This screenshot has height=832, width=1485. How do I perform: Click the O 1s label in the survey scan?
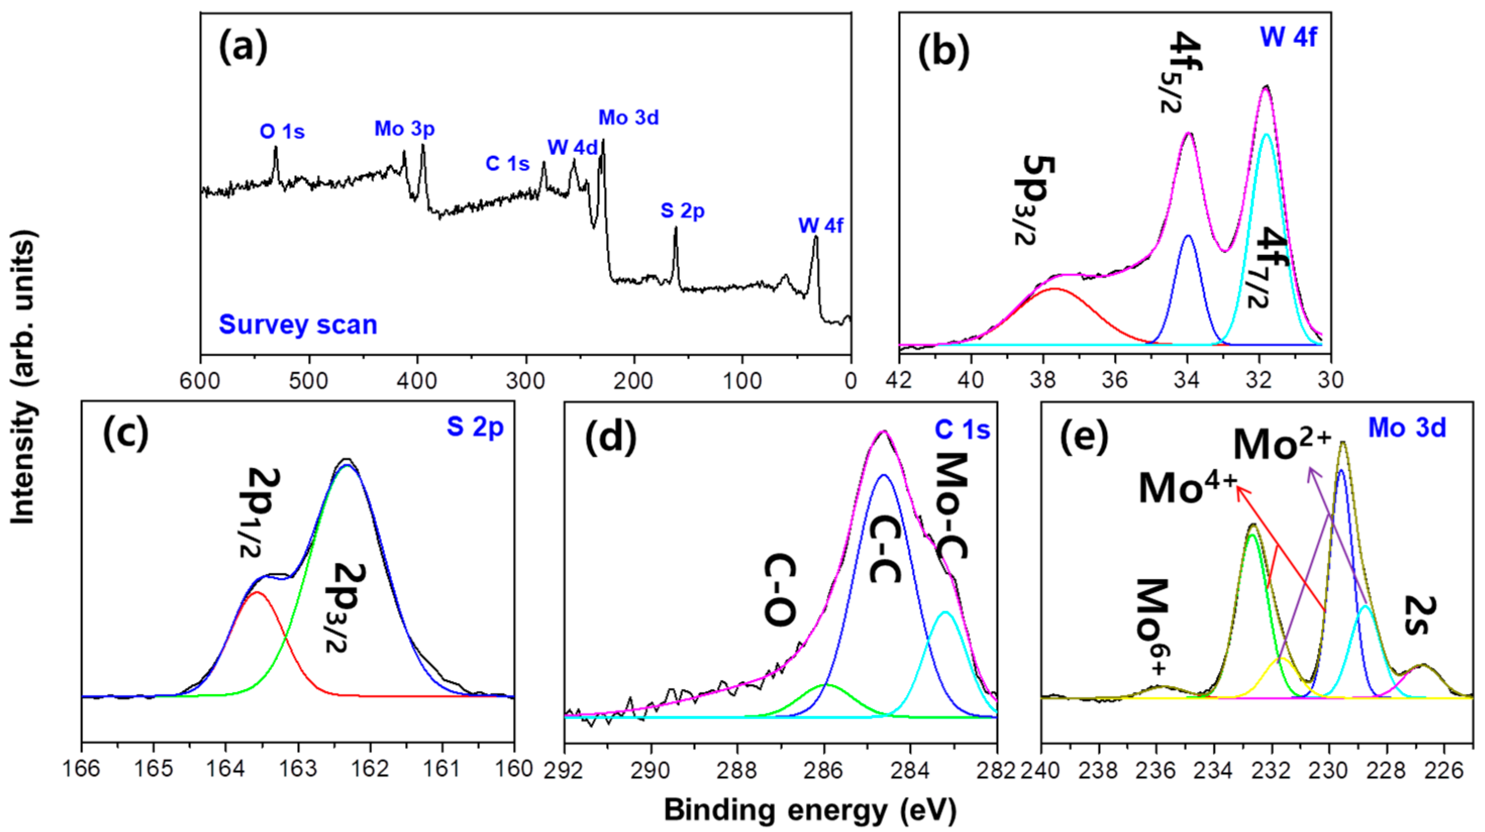pos(282,132)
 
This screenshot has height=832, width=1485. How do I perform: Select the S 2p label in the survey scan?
pos(682,211)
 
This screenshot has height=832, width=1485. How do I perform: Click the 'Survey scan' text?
pos(297,324)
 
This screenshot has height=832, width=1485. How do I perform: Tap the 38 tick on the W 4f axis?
pos(1042,380)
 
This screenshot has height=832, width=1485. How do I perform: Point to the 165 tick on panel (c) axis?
pos(153,769)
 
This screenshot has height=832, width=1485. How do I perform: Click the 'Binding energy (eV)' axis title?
pos(810,810)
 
